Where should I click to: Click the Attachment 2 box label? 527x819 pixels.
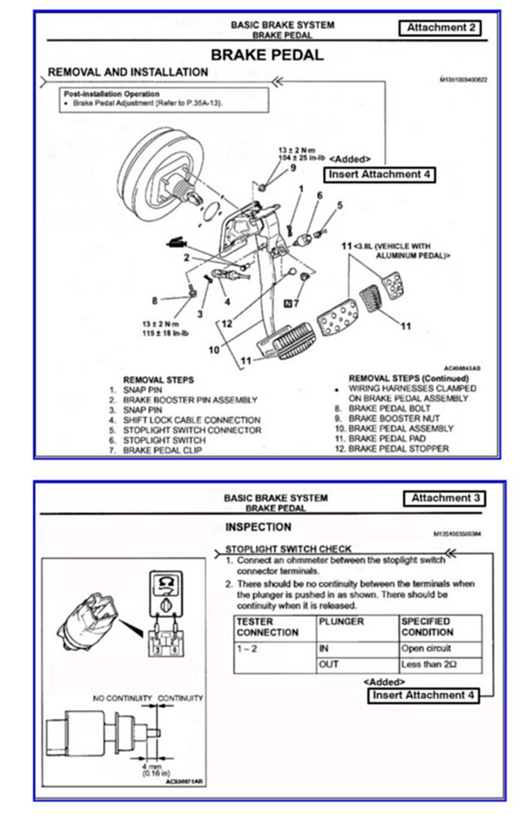point(440,28)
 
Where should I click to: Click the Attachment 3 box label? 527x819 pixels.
point(444,498)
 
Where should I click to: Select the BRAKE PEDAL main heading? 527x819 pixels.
point(267,55)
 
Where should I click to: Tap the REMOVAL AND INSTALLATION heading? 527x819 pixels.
point(127,73)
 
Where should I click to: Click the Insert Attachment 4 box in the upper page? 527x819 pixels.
point(380,175)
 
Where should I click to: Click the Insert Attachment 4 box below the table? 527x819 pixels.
point(424,695)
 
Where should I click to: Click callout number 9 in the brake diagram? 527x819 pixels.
point(293,168)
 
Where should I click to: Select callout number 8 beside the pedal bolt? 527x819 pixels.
point(154,300)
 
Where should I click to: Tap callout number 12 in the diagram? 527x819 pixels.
point(227,323)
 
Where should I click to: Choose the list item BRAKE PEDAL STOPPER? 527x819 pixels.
point(398,449)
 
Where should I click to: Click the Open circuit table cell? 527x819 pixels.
point(426,649)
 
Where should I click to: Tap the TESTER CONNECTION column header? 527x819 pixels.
point(267,627)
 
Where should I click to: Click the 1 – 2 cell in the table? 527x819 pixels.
point(246,649)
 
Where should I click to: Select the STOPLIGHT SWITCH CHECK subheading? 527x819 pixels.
point(288,549)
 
